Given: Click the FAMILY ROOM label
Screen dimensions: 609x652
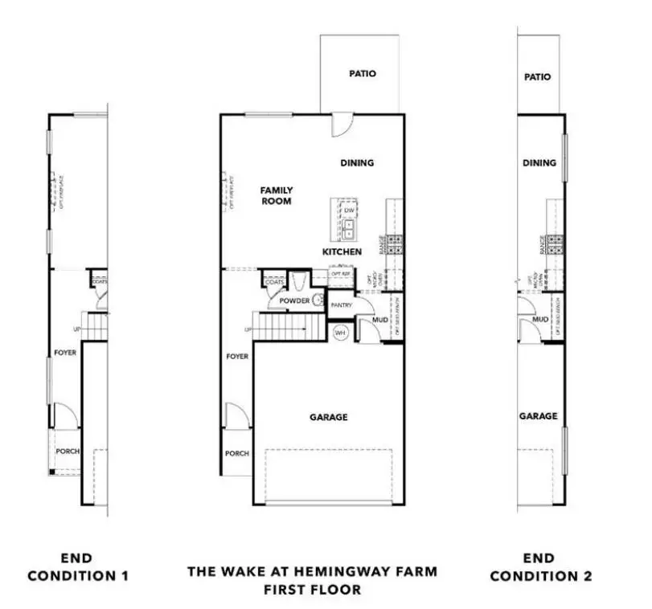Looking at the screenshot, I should (x=276, y=196).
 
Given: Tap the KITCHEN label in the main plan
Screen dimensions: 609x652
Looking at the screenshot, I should (x=342, y=251).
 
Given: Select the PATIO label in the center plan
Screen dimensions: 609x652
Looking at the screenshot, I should (x=362, y=74).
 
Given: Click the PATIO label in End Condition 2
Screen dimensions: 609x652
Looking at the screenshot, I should (x=537, y=78).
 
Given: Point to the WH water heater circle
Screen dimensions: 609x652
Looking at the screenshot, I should (x=340, y=333).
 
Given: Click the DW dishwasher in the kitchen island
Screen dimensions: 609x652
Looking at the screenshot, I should (x=349, y=211).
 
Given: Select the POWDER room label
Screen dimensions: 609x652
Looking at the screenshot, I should (x=294, y=300).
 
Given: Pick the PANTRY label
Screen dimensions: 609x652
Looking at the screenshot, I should (x=342, y=305).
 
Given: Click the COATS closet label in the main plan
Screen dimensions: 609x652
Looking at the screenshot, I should (x=272, y=282).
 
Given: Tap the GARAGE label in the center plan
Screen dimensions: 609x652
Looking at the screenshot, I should (x=329, y=417).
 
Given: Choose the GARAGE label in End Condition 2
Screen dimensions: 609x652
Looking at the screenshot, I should (x=538, y=416).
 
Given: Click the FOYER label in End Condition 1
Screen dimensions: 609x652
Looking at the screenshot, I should (x=65, y=352).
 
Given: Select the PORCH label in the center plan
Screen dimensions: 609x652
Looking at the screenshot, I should (x=236, y=454).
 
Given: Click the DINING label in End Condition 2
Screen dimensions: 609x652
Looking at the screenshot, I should (x=539, y=163).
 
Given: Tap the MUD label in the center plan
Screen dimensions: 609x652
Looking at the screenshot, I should (x=379, y=320).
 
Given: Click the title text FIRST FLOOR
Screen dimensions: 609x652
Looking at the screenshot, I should (x=312, y=590).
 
